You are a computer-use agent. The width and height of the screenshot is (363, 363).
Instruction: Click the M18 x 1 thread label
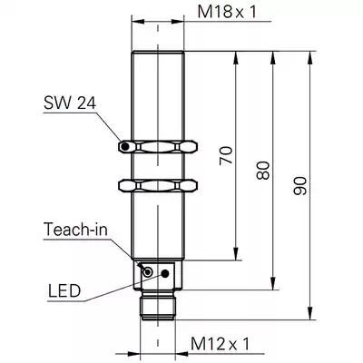click(227, 12)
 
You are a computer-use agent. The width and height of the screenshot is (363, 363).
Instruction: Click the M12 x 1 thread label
click(221, 344)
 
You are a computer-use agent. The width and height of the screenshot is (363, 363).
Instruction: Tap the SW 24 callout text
click(70, 103)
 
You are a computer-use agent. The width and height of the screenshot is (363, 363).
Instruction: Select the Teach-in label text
click(75, 229)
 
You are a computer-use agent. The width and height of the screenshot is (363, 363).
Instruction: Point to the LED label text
click(64, 291)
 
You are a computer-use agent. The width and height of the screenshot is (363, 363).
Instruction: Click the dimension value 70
click(227, 155)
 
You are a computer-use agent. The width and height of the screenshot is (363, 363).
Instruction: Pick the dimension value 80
click(263, 171)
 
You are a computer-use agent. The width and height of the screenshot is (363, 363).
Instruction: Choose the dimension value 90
click(300, 185)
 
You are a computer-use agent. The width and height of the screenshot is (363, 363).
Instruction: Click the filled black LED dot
click(165, 273)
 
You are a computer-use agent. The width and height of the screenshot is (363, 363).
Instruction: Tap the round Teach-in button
click(148, 272)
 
